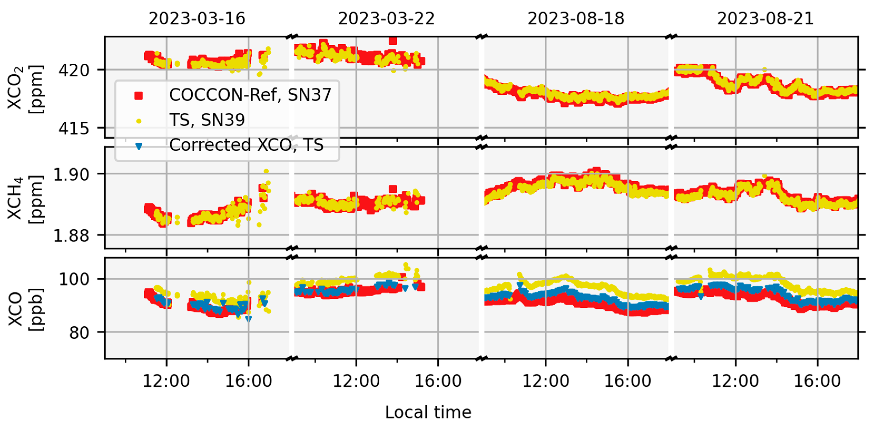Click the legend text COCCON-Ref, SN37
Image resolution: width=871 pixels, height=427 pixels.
click(250, 95)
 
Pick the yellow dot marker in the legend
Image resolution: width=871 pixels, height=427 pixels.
click(139, 121)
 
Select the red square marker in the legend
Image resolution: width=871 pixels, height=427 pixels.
click(139, 96)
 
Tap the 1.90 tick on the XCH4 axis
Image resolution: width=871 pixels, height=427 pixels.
click(71, 174)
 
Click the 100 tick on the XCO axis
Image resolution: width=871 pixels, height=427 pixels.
click(74, 279)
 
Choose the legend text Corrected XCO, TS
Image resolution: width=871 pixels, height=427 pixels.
click(246, 145)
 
